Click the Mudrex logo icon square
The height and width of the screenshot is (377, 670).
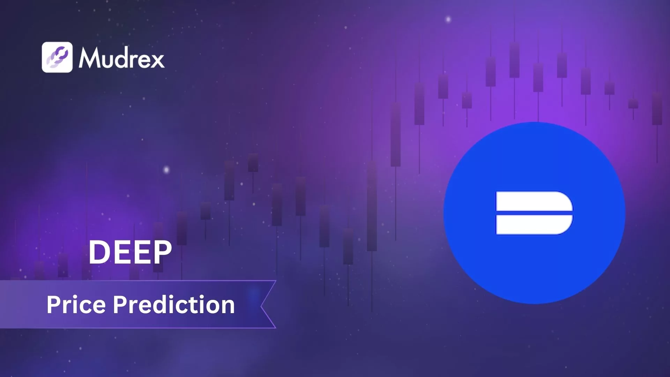57,57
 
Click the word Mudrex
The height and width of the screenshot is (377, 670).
121,58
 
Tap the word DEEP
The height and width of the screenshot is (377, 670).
130,252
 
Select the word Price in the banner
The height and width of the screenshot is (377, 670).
76,305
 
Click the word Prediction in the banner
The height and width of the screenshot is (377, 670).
174,305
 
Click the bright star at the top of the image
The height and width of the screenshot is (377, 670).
448,19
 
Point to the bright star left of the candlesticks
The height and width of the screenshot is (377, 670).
166,170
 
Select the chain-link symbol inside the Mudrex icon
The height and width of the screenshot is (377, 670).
57,57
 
